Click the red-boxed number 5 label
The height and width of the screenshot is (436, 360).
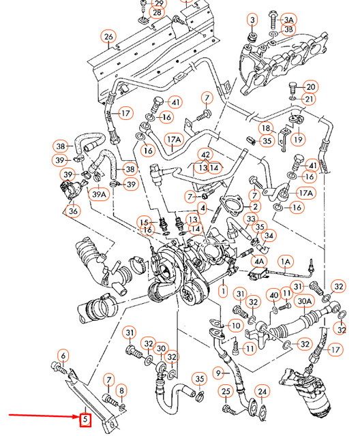(85, 420)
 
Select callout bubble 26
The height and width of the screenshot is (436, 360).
(108, 36)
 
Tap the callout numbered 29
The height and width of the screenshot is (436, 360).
(158, 3)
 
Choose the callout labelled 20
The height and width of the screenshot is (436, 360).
(310, 87)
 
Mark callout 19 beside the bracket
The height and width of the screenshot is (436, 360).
(297, 139)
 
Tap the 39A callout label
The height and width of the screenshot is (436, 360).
(100, 195)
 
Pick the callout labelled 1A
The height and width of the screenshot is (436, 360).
(286, 261)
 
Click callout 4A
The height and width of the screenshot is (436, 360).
(259, 261)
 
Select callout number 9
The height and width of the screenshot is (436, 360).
(219, 373)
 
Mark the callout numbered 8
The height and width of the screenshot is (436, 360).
(122, 390)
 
